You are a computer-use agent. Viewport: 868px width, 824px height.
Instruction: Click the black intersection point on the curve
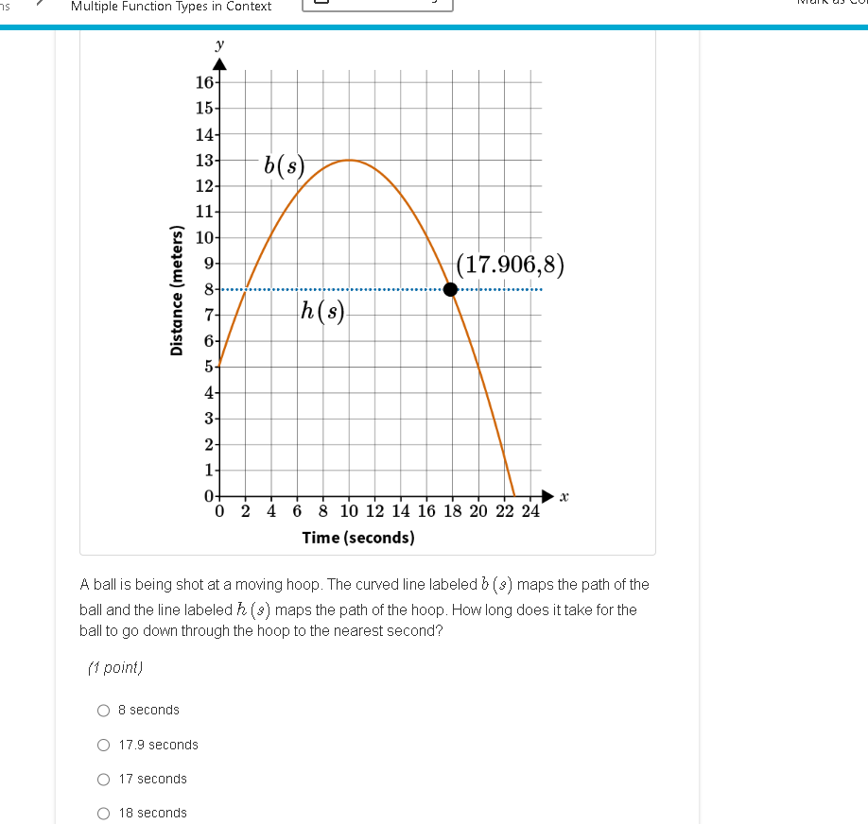[451, 289]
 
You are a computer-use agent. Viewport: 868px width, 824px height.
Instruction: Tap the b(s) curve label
[284, 166]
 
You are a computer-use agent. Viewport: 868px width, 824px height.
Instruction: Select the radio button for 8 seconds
[104, 710]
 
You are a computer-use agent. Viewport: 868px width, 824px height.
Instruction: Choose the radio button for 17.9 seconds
[104, 745]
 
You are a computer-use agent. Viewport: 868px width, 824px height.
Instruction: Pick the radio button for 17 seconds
[104, 779]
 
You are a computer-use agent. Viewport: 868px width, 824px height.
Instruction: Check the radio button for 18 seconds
[104, 813]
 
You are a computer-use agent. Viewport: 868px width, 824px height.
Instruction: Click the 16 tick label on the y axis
[204, 82]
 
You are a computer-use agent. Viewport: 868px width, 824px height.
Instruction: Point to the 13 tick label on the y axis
[204, 160]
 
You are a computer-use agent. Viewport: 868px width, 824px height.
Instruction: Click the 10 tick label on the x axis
[349, 512]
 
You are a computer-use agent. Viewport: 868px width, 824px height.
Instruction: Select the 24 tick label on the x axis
[529, 512]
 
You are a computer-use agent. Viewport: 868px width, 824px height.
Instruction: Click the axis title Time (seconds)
[358, 538]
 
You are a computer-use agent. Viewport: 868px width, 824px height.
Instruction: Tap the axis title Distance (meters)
[176, 292]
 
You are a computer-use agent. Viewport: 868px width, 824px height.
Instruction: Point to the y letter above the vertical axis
[219, 44]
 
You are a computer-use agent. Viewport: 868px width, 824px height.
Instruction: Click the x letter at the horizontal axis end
[564, 496]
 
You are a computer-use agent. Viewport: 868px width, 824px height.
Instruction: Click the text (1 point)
[114, 668]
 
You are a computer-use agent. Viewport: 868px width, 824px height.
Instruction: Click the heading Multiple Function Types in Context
[171, 7]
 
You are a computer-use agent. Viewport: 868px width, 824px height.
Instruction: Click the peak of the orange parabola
[349, 160]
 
